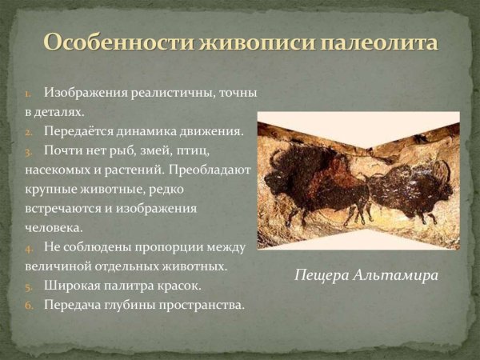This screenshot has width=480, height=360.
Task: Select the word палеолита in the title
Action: (x=377, y=42)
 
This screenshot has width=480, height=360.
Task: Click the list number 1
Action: (x=28, y=94)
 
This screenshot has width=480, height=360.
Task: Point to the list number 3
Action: (x=28, y=151)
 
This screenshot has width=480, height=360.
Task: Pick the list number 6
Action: (x=28, y=305)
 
